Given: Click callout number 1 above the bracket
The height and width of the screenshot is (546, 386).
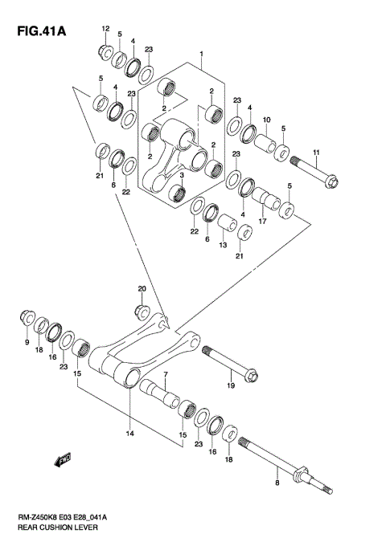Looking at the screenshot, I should [x=202, y=57].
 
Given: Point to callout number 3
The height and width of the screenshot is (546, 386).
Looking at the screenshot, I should [x=183, y=176].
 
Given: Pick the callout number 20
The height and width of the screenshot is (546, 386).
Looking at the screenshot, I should [x=141, y=288].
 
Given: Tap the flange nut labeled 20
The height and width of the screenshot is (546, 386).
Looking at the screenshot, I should [x=141, y=307].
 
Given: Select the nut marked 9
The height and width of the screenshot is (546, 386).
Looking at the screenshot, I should [x=26, y=320].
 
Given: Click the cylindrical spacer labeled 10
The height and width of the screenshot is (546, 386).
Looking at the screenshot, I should [x=266, y=145].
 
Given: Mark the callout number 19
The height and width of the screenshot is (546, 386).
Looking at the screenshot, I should [x=230, y=385].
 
